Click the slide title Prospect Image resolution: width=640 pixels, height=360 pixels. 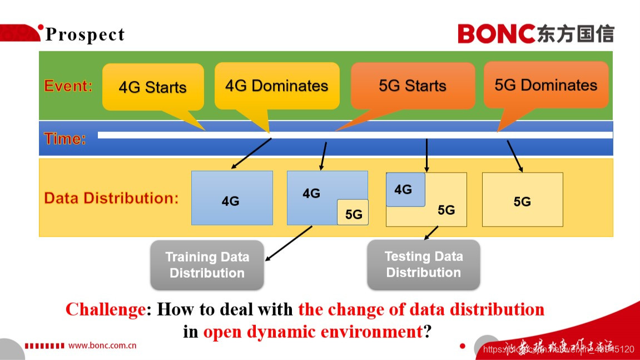(85, 34)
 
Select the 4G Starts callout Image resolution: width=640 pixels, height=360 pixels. (153, 87)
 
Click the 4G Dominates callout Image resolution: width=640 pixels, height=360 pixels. (276, 86)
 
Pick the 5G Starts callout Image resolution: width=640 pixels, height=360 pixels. (413, 86)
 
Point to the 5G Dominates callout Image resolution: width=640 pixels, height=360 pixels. (545, 85)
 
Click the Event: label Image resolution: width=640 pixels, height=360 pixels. (68, 86)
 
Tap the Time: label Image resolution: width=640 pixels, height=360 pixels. (65, 139)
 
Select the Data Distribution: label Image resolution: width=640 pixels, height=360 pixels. (111, 199)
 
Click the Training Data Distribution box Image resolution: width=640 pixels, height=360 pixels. (207, 265)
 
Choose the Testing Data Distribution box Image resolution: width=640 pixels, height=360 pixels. (423, 264)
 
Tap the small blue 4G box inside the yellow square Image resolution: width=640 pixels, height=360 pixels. (405, 190)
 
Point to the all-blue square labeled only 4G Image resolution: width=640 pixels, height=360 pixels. (231, 198)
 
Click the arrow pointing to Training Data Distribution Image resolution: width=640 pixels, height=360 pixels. (289, 243)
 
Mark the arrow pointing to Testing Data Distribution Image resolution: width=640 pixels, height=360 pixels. (431, 233)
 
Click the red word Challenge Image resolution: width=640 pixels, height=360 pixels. (106, 309)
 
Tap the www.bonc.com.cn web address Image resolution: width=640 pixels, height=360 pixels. (102, 346)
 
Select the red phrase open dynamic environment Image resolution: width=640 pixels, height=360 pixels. (312, 332)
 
